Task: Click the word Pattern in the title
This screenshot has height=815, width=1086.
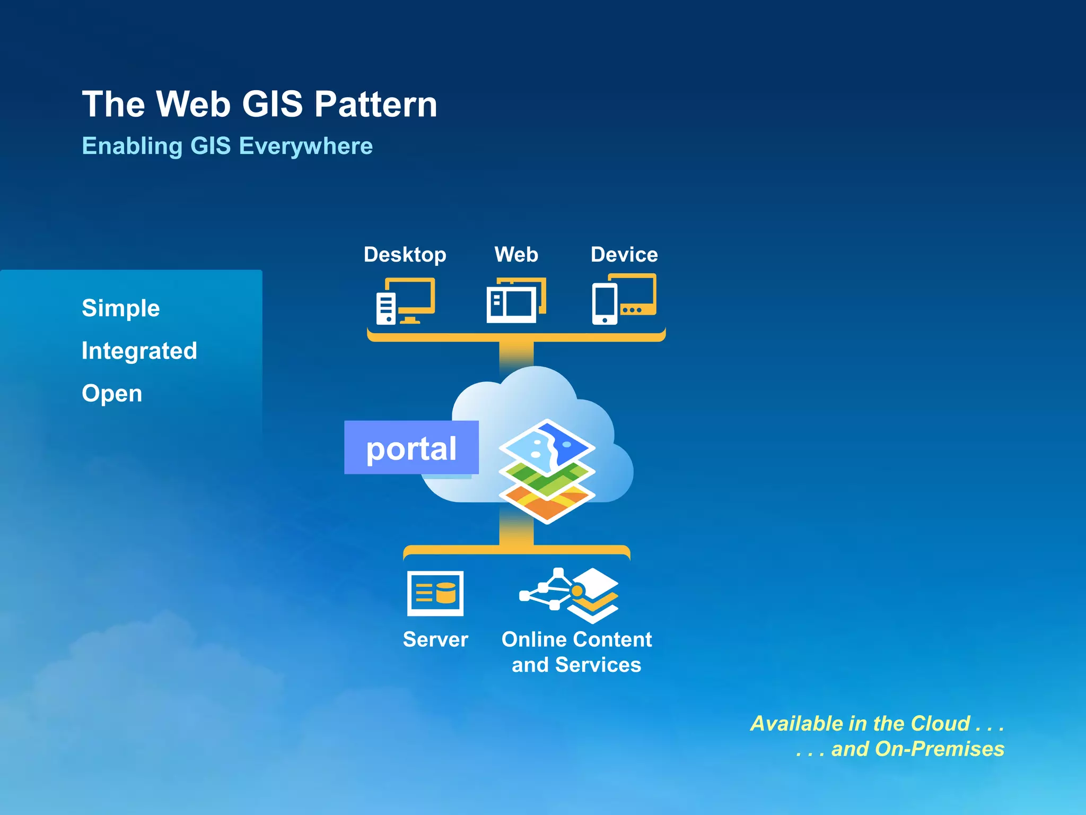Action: (375, 104)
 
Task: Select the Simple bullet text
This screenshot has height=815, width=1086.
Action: (121, 308)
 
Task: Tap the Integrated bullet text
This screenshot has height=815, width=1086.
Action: (139, 351)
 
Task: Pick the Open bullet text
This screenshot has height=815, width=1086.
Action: (112, 394)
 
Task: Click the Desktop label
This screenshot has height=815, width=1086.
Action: (405, 255)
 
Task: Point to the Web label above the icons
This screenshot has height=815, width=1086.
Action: (516, 255)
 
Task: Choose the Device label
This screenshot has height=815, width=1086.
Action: (624, 255)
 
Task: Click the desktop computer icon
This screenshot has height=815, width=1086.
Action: (405, 301)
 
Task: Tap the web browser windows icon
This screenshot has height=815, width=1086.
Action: (516, 300)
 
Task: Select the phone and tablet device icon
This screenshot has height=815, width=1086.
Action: (624, 299)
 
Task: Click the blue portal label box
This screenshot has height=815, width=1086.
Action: (411, 448)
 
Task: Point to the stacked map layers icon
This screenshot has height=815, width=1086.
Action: (547, 471)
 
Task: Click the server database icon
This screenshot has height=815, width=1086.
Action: (435, 593)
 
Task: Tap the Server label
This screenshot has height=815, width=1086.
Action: (435, 639)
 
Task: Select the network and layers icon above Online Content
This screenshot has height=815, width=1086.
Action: (570, 595)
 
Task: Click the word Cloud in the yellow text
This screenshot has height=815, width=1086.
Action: (940, 724)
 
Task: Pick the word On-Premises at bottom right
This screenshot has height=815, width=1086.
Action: (939, 749)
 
